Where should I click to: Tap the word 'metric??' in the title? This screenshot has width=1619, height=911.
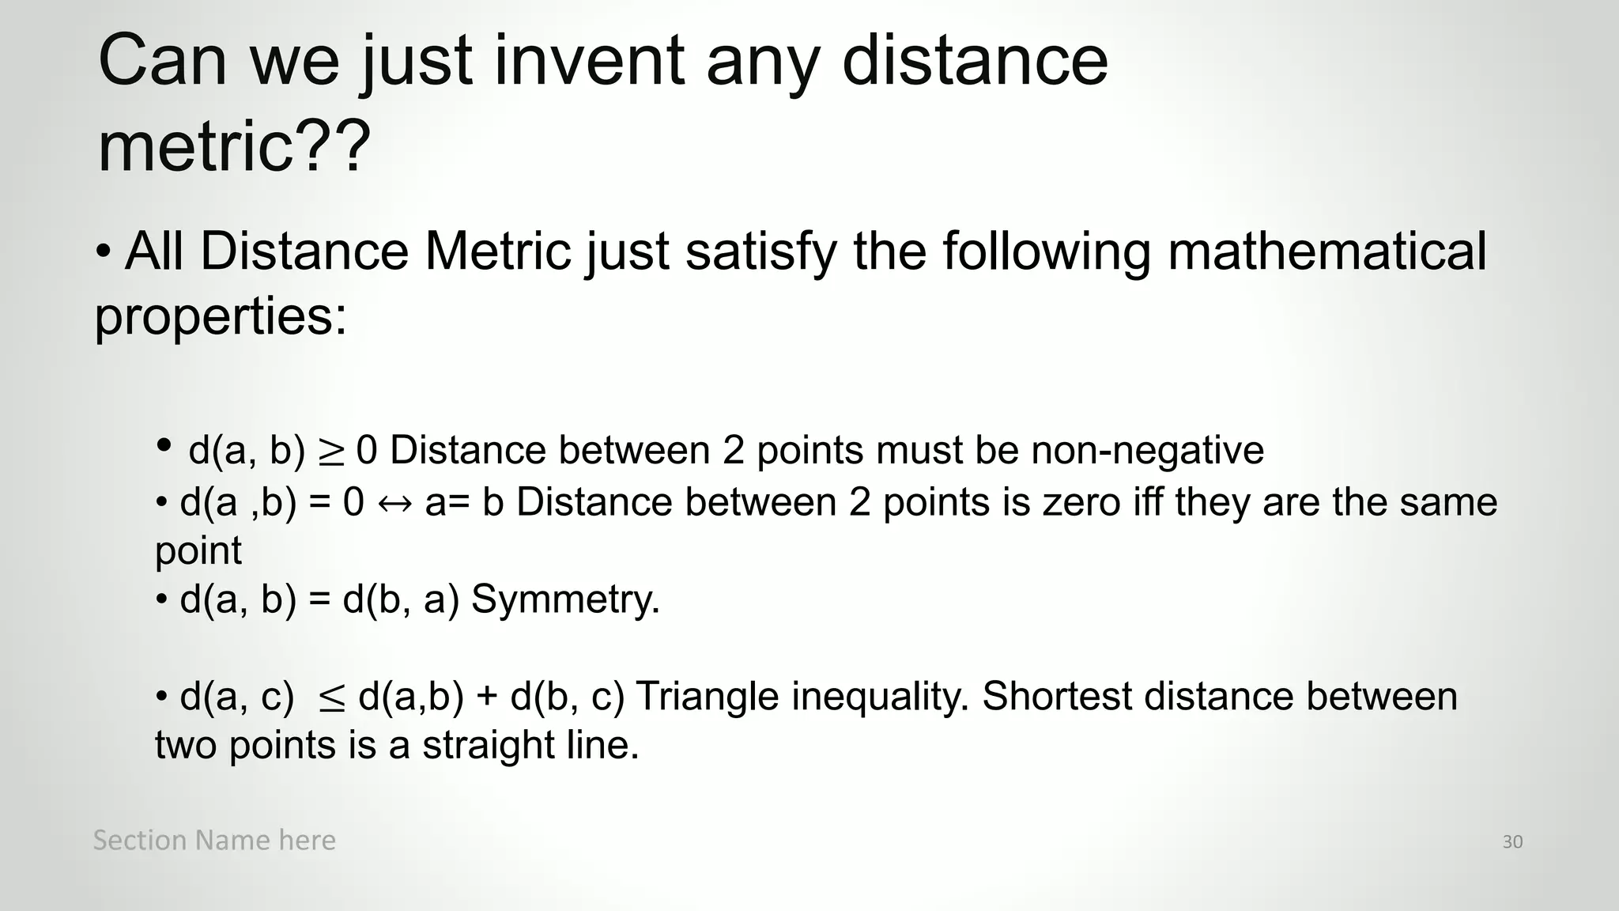point(234,146)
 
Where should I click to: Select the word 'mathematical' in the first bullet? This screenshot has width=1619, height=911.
point(1327,251)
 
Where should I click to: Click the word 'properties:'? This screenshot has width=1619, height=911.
point(221,316)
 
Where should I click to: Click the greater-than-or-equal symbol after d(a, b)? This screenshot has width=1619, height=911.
point(331,452)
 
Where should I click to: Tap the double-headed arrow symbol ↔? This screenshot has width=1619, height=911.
point(394,503)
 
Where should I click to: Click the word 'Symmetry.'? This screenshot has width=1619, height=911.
point(565,599)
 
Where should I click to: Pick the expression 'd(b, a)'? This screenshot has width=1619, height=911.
point(400,599)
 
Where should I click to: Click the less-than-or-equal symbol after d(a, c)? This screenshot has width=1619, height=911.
point(331,698)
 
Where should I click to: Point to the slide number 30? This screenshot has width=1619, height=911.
point(1512,841)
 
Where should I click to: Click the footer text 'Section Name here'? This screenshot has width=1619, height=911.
point(214,840)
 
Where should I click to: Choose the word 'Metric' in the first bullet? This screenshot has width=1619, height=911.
point(497,251)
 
